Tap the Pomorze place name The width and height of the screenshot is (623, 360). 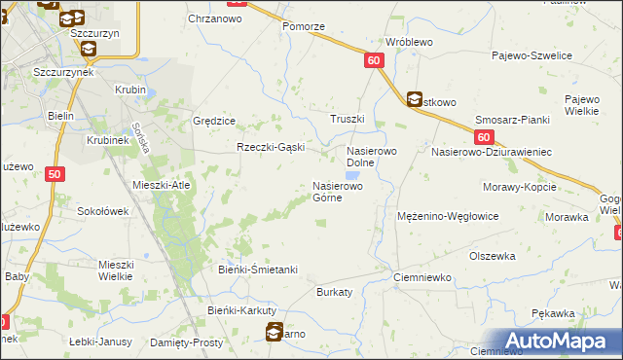pos(303,26)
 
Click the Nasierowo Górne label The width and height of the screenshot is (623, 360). pos(338,191)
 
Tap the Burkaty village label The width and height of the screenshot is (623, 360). pos(334,291)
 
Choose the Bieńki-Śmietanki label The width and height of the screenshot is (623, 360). pos(257,269)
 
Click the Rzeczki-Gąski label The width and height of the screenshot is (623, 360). pos(272,147)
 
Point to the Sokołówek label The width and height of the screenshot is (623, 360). pos(103,210)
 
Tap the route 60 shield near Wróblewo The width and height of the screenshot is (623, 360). pos(376,60)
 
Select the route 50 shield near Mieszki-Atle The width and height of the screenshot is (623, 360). pos(55,173)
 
